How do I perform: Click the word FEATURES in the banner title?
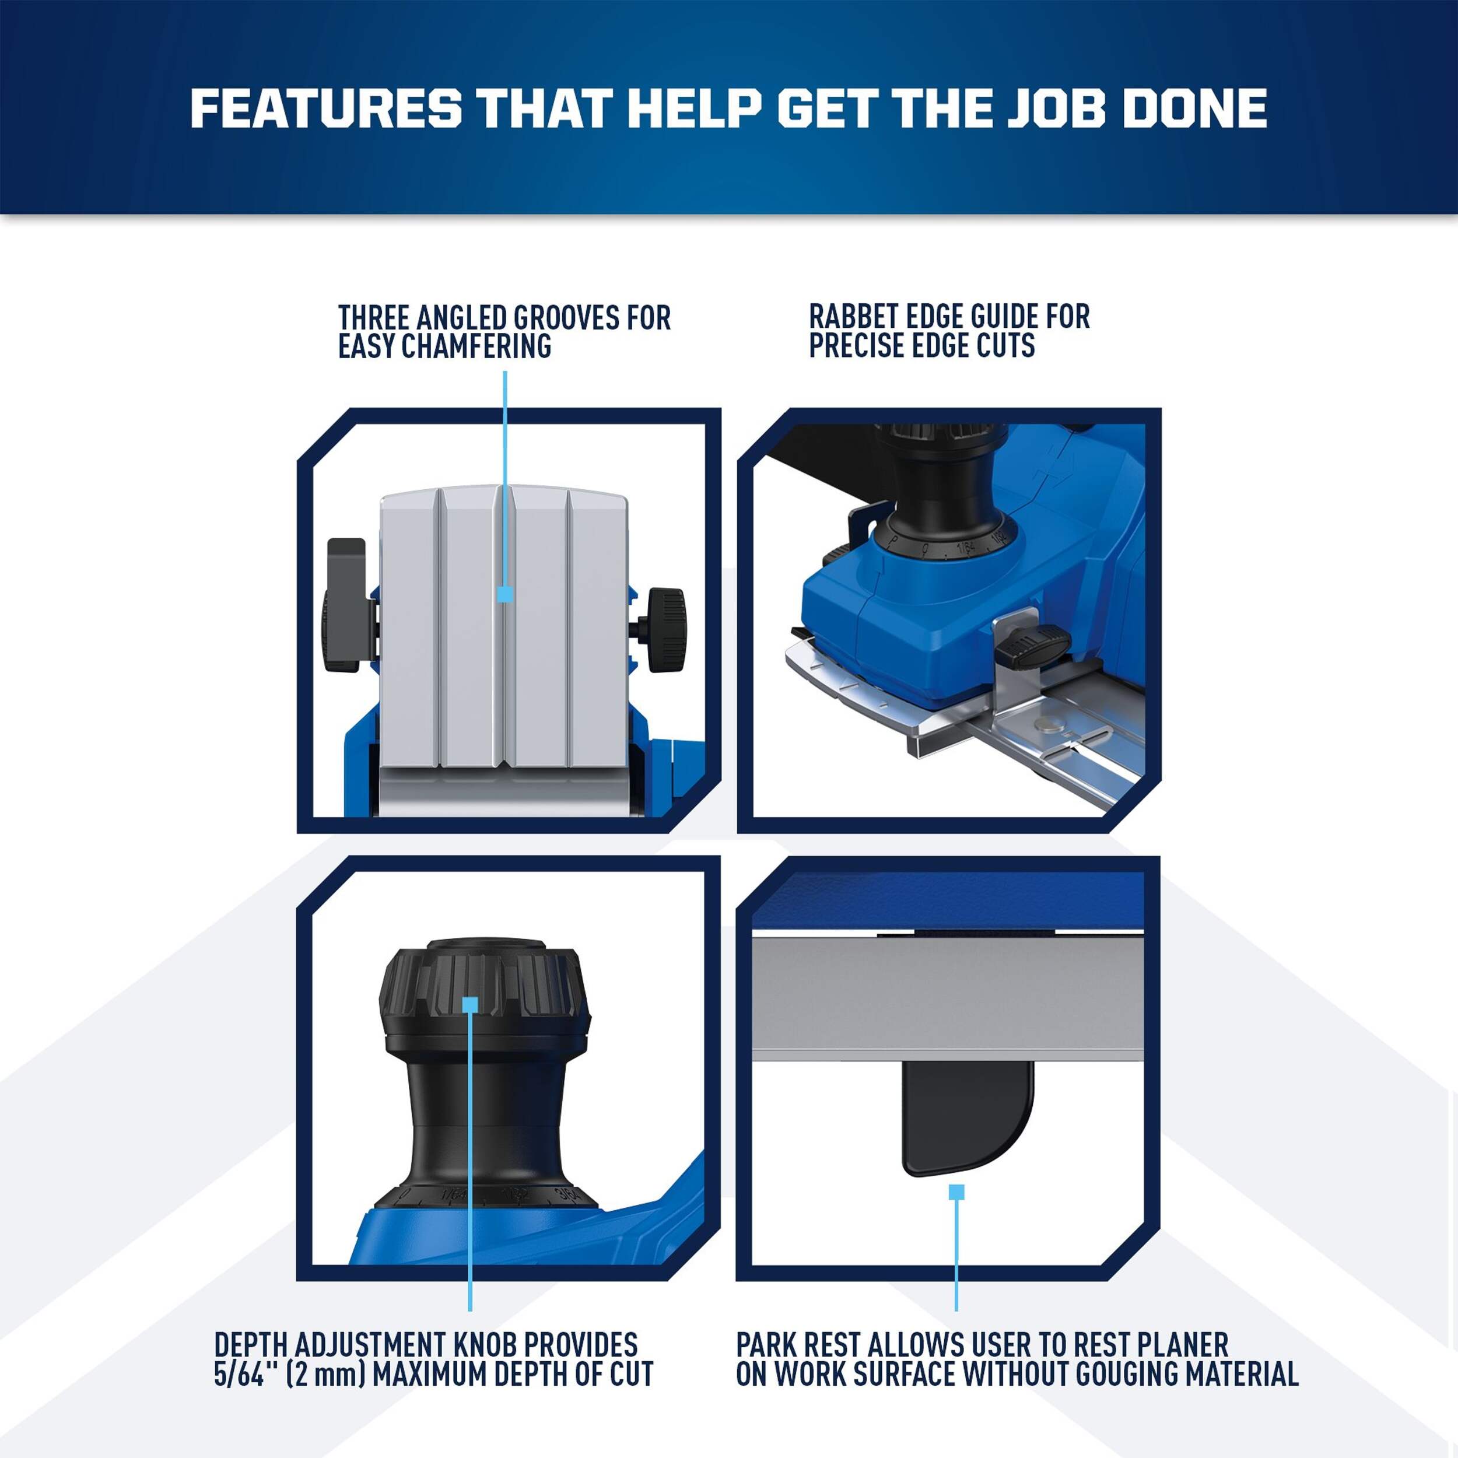(x=326, y=108)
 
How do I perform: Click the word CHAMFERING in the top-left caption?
(x=476, y=346)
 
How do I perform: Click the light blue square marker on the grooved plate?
(x=505, y=594)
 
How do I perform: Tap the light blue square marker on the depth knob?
(x=470, y=1004)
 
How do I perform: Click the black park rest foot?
(x=967, y=1117)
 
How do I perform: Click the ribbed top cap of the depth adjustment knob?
(x=483, y=994)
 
